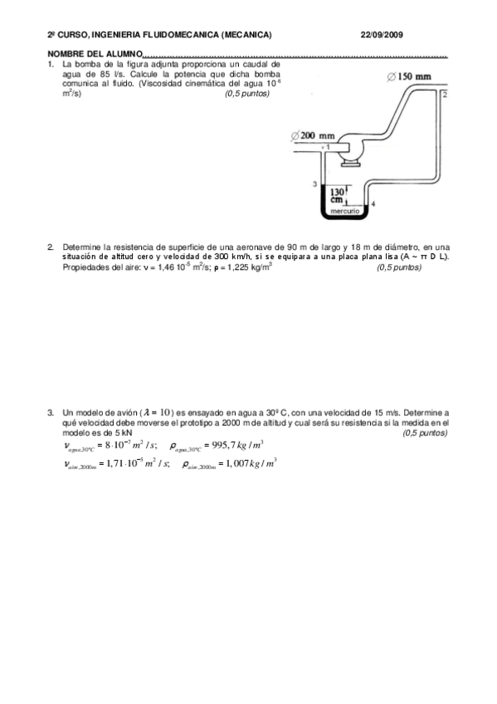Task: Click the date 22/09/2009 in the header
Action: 382,35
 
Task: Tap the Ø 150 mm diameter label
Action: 410,76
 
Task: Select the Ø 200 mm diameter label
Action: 313,134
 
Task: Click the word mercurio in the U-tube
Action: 344,212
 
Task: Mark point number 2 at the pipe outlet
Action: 445,95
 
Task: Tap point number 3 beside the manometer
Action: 314,183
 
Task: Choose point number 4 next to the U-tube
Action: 373,203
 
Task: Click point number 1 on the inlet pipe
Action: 327,147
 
